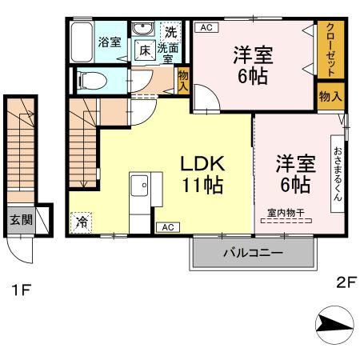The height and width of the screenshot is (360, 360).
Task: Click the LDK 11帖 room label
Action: pyautogui.click(x=202, y=174)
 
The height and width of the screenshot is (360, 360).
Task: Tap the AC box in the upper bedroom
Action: pyautogui.click(x=206, y=27)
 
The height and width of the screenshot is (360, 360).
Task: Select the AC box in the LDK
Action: pyautogui.click(x=168, y=227)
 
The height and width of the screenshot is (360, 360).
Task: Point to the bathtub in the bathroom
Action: pyautogui.click(x=82, y=42)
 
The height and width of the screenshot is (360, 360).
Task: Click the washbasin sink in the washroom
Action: pyautogui.click(x=143, y=28)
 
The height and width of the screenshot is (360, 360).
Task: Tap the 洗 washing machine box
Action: pyautogui.click(x=170, y=32)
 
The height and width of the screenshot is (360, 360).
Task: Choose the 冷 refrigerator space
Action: pyautogui.click(x=81, y=222)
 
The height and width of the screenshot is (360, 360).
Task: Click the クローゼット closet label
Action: pyautogui.click(x=330, y=50)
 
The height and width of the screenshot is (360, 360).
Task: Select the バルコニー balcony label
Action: pyautogui.click(x=253, y=253)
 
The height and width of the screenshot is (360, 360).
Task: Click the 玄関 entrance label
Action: pyautogui.click(x=21, y=220)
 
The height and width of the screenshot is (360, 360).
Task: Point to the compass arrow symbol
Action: pyautogui.click(x=334, y=325)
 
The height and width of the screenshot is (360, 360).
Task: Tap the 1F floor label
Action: pyautogui.click(x=22, y=290)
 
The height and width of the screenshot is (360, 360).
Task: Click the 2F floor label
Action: pyautogui.click(x=346, y=282)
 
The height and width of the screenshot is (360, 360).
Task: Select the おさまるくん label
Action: pyautogui.click(x=338, y=174)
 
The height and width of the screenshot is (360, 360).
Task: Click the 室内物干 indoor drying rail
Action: pyautogui.click(x=286, y=221)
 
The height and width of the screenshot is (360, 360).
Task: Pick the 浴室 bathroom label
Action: pyautogui.click(x=110, y=42)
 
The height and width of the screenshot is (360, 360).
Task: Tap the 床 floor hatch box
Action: pyautogui.click(x=145, y=50)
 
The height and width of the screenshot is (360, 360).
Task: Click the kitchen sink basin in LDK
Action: pyautogui.click(x=140, y=186)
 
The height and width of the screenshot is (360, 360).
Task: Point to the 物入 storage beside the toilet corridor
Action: pyautogui.click(x=183, y=80)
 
